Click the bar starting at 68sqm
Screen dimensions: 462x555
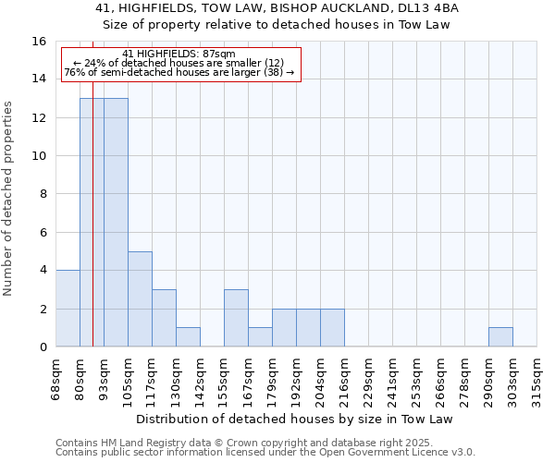(68, 309)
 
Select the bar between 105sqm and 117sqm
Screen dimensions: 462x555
(140, 299)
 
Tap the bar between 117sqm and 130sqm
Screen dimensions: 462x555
(164, 318)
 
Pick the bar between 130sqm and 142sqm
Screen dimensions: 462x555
(188, 337)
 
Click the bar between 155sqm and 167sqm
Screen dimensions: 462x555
(236, 318)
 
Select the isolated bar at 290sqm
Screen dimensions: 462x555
(500, 337)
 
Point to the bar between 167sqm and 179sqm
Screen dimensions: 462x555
(260, 337)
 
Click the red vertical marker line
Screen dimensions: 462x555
(92, 222)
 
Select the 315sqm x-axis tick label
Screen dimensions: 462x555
(537, 379)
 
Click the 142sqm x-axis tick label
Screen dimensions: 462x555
(201, 379)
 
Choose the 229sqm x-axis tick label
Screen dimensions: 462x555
(369, 379)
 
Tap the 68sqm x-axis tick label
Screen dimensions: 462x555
(56, 379)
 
